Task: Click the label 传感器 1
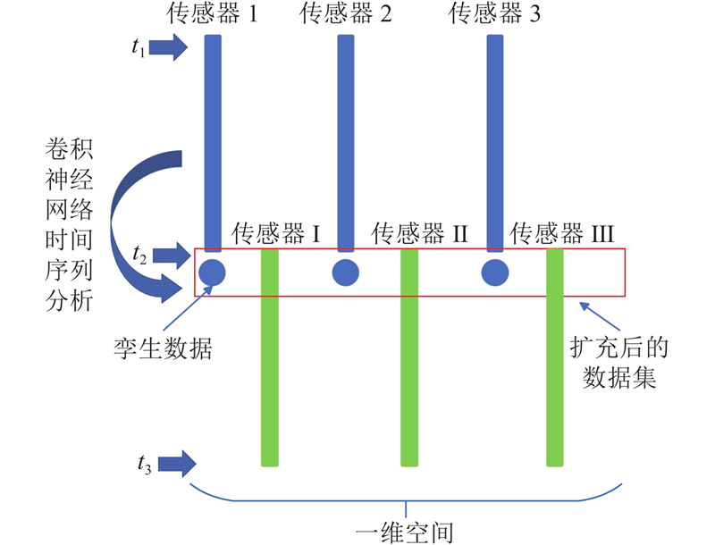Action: click(x=212, y=13)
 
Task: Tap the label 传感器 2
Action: click(x=345, y=13)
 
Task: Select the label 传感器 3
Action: click(x=493, y=13)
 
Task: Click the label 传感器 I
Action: click(x=277, y=234)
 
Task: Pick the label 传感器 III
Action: click(x=562, y=234)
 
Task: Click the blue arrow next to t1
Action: click(x=167, y=47)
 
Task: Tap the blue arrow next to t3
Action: click(x=175, y=463)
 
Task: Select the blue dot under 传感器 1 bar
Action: click(x=212, y=272)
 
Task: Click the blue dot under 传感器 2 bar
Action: click(x=345, y=272)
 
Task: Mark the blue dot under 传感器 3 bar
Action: click(x=494, y=272)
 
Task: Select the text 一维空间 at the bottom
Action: click(x=405, y=531)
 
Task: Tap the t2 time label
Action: click(x=139, y=256)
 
